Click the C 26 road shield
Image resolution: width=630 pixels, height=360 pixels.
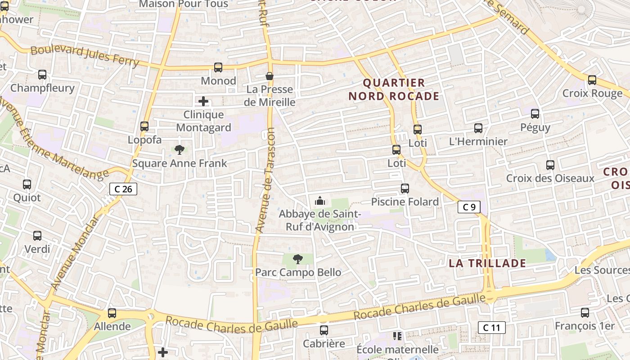(123, 189)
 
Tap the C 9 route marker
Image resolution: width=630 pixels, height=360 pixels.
(469, 207)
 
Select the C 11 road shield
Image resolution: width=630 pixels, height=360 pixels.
(491, 328)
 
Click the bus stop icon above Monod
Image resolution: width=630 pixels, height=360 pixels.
(218, 67)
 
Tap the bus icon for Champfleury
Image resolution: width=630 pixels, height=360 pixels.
(42, 75)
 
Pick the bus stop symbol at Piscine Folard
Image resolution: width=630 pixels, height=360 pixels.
(405, 189)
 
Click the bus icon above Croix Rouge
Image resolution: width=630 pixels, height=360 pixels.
(592, 80)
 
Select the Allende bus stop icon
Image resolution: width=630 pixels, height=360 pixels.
(112, 313)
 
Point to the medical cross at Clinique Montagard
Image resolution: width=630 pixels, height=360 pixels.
(203, 101)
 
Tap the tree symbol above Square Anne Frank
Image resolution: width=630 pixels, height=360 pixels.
(180, 150)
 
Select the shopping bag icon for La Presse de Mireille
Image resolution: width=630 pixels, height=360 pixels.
(270, 76)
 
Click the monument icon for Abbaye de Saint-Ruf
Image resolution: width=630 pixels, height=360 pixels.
(320, 200)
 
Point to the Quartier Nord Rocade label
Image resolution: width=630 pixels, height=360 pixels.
(394, 89)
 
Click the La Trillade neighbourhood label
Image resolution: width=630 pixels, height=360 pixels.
(487, 263)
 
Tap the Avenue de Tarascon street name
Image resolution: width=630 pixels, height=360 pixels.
(266, 180)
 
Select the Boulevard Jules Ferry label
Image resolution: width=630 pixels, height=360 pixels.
(85, 56)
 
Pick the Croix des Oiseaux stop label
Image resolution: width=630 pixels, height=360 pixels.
(550, 178)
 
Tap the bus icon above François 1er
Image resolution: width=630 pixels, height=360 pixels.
(585, 312)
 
